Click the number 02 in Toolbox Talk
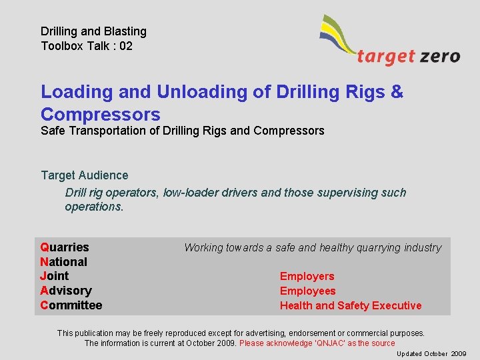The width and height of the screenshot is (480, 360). click(125, 46)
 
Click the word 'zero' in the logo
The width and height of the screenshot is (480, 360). click(440, 56)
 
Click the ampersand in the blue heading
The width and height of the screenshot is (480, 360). click(397, 92)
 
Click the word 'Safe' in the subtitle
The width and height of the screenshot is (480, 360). click(53, 131)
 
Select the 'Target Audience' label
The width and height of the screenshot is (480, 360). click(85, 175)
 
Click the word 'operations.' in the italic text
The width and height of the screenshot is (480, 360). click(94, 207)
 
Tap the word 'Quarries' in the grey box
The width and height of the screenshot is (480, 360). click(65, 247)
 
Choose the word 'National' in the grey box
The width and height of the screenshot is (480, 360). click(64, 262)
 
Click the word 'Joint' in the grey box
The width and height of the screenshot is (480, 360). click(55, 276)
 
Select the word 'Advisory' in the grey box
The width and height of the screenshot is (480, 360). click(66, 291)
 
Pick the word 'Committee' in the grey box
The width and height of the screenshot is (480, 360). click(71, 305)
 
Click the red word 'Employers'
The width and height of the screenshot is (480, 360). click(307, 276)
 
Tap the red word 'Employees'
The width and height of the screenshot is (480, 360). click(307, 291)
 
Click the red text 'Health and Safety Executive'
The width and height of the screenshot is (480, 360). click(351, 305)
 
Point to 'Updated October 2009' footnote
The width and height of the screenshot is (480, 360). click(431, 353)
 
